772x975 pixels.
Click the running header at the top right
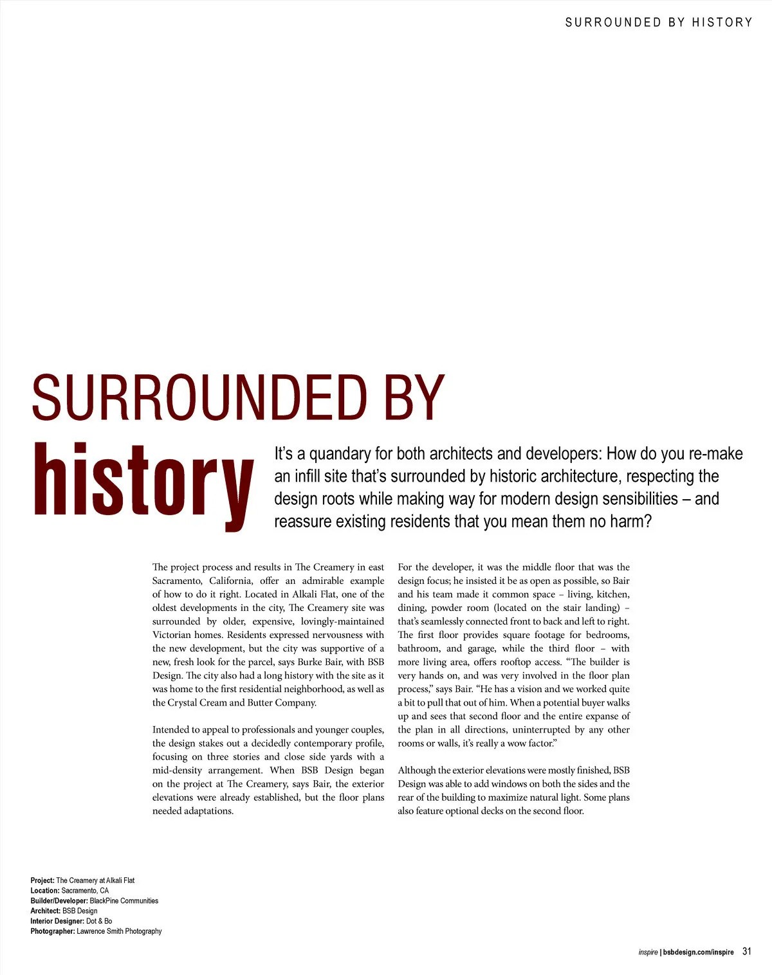coord(658,23)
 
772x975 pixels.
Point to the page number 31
coord(746,951)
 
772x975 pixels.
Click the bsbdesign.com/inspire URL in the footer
coord(698,952)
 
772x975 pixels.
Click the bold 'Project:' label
coord(42,880)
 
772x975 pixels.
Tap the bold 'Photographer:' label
coord(53,931)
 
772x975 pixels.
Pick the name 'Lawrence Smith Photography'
coord(119,931)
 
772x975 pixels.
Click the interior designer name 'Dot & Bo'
coord(99,921)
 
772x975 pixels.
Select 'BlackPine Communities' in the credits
coord(124,901)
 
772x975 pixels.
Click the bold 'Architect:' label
coord(46,911)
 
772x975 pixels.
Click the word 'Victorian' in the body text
coord(172,635)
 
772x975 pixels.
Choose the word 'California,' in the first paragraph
coord(231,581)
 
